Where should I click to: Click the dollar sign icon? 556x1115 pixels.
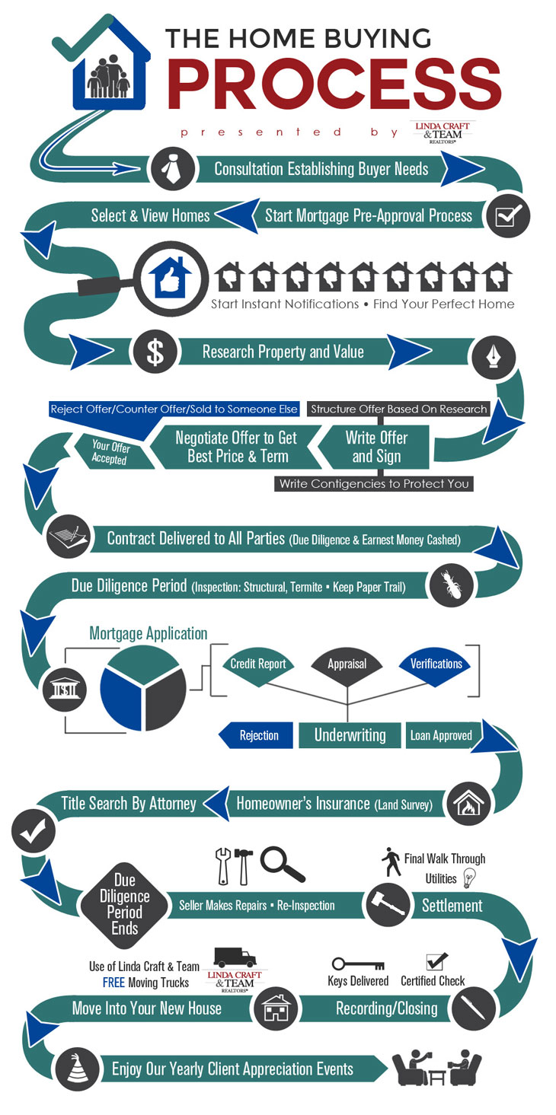[155, 352]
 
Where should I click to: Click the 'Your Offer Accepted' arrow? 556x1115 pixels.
[109, 451]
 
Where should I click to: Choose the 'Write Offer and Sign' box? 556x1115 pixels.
[375, 447]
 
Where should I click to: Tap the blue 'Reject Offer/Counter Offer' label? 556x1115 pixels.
[174, 409]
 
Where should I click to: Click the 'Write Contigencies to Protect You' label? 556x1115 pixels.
[373, 483]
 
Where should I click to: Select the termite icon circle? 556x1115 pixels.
[451, 585]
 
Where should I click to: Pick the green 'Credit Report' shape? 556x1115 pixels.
[258, 664]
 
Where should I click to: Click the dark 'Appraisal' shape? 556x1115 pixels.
[347, 664]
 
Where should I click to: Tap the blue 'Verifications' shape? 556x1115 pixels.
[436, 664]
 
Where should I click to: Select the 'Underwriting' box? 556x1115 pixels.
[350, 735]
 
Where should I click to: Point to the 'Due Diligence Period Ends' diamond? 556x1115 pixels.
[124, 904]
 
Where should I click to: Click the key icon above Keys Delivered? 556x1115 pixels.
[355, 964]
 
